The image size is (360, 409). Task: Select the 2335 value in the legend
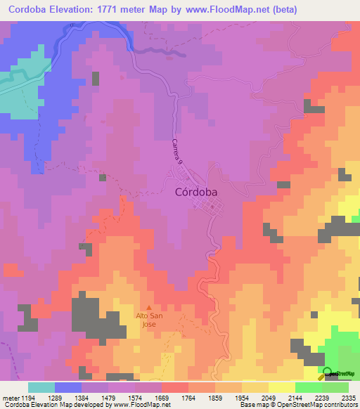pos(349,398)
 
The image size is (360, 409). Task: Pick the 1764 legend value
pos(188,398)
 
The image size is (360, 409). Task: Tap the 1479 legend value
pos(108,398)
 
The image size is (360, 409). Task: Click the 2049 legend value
pos(269,398)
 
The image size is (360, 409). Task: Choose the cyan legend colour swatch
pos(41,387)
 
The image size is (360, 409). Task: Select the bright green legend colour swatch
pos(308,387)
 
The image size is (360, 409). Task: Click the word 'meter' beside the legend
pos(9,398)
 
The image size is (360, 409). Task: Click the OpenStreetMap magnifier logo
pos(328,373)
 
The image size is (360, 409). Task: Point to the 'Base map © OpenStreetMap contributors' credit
pos(298,405)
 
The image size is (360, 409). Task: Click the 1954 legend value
pos(242,398)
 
